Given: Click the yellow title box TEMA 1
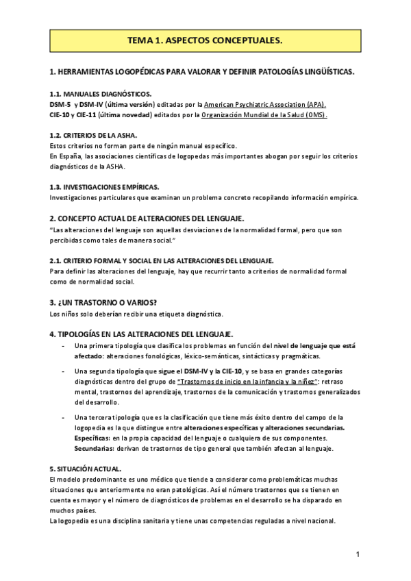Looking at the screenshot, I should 205,41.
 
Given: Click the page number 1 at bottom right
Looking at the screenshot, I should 358,554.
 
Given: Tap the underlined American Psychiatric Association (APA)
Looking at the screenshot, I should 265,104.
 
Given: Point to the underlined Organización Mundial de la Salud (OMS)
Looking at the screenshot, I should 264,115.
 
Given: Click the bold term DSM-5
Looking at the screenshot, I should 60,104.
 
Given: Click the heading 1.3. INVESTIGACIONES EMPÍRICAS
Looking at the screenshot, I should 104,187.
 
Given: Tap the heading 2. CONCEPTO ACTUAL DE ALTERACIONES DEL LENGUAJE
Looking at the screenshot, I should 147,218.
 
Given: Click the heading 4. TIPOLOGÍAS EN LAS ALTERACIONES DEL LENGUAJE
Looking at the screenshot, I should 142,334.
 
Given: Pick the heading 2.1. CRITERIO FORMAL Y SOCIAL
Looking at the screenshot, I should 161,260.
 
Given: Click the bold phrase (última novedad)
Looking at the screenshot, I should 126,115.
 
